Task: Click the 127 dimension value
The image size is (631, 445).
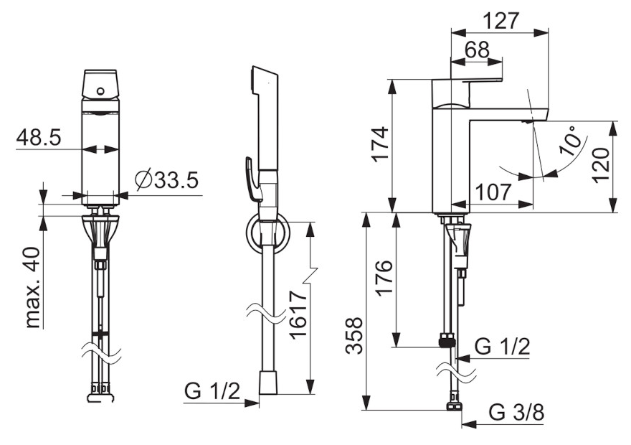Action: click(x=501, y=21)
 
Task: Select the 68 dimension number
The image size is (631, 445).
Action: click(x=478, y=50)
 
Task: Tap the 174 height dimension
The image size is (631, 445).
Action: click(x=380, y=144)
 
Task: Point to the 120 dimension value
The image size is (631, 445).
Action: click(x=601, y=166)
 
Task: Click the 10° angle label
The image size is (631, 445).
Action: click(x=572, y=140)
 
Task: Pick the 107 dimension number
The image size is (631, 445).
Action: click(x=493, y=192)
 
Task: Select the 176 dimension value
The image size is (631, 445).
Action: click(x=383, y=278)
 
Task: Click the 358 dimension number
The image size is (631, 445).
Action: click(x=354, y=336)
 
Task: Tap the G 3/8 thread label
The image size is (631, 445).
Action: click(x=517, y=413)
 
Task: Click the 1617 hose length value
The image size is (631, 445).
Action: click(x=298, y=314)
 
